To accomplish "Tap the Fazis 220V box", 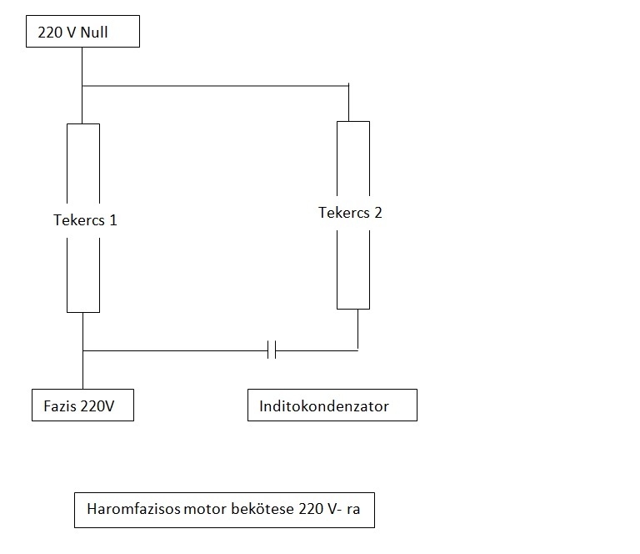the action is [x=83, y=406].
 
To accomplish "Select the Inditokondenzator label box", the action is [x=332, y=406].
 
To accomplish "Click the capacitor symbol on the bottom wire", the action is [x=272, y=350].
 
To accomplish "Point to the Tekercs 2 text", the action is [x=350, y=213].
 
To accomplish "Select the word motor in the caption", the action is [x=191, y=510].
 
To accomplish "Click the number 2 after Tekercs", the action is [x=377, y=213].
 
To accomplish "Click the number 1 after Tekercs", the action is [x=112, y=221].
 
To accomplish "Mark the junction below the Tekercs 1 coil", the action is [x=83, y=350].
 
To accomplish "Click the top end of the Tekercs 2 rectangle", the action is [x=352, y=123].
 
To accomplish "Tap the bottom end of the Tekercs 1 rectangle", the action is [x=83, y=311].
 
